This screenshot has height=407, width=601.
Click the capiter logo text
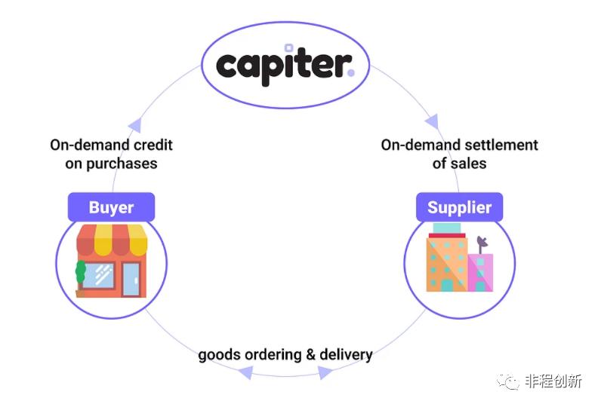284,64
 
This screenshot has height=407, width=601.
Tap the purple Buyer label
111,207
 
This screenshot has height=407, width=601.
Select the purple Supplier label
459,207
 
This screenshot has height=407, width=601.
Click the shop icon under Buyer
112,261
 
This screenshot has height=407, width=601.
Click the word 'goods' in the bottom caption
218,354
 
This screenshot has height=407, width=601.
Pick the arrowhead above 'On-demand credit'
135,125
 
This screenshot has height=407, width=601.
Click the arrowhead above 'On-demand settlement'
432,121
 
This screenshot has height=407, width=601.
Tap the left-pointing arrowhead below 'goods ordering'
246,372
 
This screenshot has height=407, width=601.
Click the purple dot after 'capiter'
350,74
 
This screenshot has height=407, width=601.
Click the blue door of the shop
131,278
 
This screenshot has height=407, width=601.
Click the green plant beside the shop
80,272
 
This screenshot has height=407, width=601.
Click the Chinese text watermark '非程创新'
555,381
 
